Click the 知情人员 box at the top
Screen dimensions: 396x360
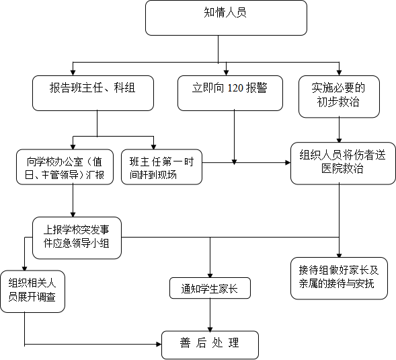[x=226, y=17]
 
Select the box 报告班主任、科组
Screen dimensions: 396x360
[x=93, y=93]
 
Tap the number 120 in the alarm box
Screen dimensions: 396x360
[x=235, y=88]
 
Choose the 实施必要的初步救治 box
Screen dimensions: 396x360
[x=339, y=97]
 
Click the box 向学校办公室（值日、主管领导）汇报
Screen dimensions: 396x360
[x=65, y=167]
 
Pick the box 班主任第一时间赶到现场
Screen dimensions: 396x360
[x=161, y=167]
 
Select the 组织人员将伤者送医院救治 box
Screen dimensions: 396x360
[x=343, y=164]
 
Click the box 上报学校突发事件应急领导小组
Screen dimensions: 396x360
[x=77, y=238]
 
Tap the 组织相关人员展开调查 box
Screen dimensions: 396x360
[x=32, y=291]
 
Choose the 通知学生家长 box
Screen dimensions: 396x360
[x=210, y=288]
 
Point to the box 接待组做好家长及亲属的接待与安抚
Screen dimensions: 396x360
[x=339, y=279]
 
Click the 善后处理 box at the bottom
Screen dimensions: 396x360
[x=210, y=345]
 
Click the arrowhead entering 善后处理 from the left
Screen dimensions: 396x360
[x=159, y=344]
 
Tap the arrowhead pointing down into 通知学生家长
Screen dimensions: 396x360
[x=210, y=275]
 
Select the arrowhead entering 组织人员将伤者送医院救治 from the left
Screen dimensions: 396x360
[x=288, y=163]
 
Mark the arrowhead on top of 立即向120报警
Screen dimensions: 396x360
[x=226, y=73]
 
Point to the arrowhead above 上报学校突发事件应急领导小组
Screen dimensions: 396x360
[x=73, y=215]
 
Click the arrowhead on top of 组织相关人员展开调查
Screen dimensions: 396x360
[x=24, y=268]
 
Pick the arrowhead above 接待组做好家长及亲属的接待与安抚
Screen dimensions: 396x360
[x=339, y=255]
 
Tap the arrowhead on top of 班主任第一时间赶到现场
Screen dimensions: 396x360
[x=153, y=147]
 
